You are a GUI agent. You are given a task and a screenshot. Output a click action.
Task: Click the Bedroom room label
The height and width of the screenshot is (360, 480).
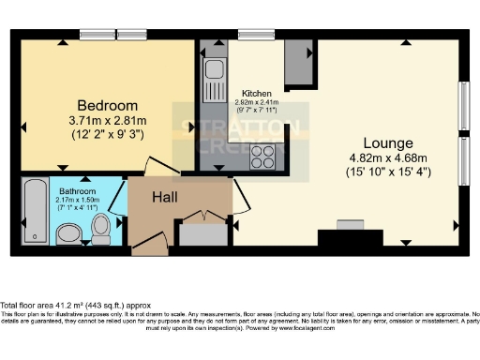tap(108, 104)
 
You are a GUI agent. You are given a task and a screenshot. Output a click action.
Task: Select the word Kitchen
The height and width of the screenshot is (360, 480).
tap(257, 94)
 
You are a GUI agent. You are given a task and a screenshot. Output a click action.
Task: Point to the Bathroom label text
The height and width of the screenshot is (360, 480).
tap(76, 189)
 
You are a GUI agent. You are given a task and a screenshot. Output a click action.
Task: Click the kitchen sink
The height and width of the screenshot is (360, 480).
tap(213, 70)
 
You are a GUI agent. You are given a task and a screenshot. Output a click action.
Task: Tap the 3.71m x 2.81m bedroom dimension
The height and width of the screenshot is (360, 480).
tap(108, 121)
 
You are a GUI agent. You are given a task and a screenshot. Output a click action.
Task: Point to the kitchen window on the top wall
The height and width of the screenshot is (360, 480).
tap(254, 35)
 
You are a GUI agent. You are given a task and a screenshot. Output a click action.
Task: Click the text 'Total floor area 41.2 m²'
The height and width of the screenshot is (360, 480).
tap(47, 306)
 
